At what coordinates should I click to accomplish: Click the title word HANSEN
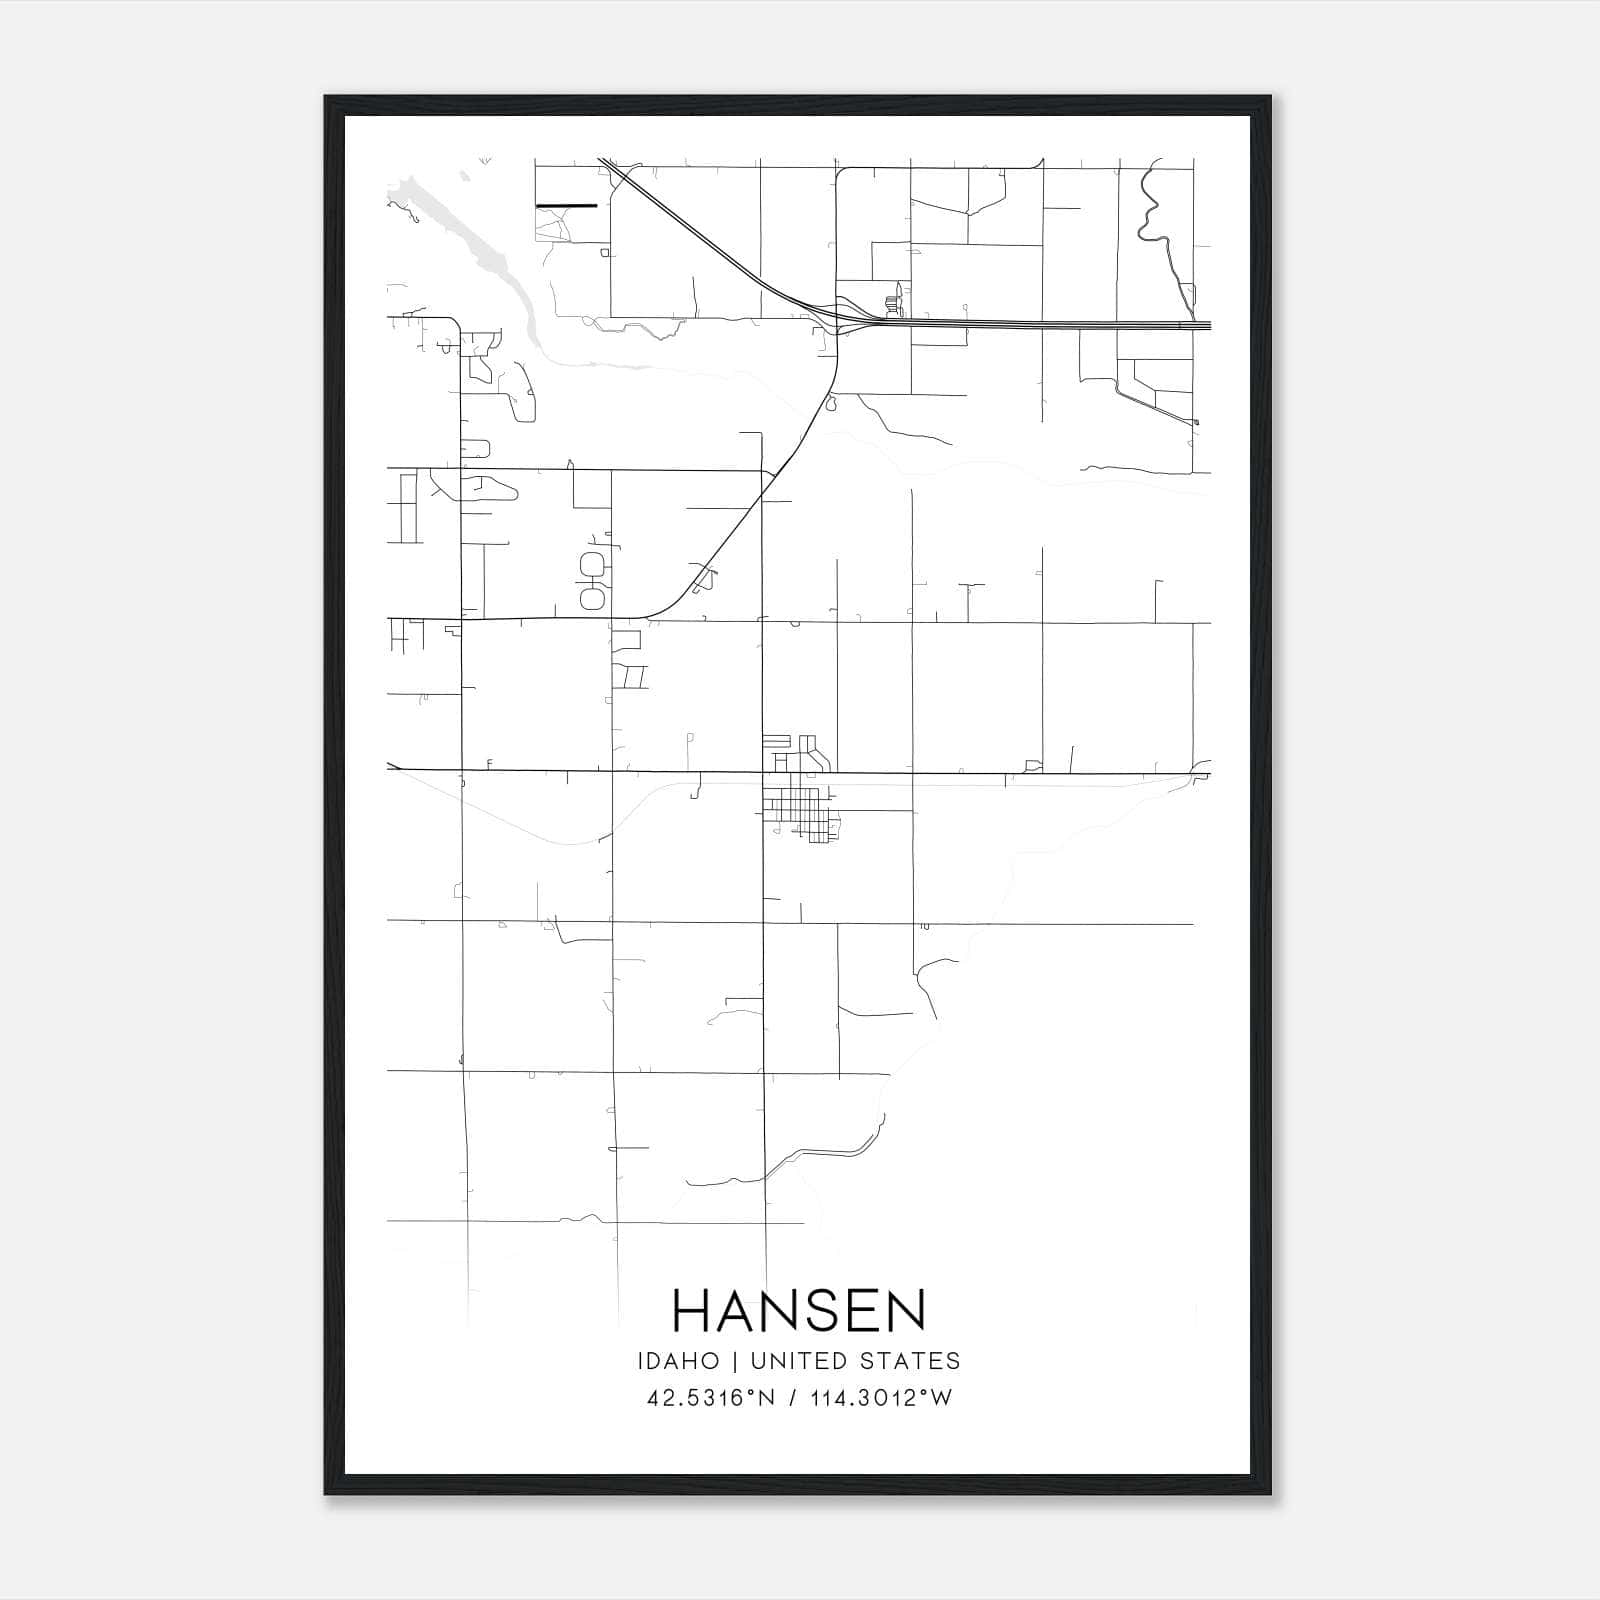(799, 1310)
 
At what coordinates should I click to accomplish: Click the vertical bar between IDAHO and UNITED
(734, 1361)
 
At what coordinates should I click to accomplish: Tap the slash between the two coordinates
(793, 1398)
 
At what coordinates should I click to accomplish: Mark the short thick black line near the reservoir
(566, 206)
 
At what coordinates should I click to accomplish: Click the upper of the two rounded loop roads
(593, 562)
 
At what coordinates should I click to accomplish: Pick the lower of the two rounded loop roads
(593, 598)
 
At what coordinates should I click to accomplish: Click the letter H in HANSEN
(691, 1310)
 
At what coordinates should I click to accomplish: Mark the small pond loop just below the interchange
(830, 404)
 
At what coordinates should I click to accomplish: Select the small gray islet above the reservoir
(464, 177)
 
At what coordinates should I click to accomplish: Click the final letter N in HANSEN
(907, 1310)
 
